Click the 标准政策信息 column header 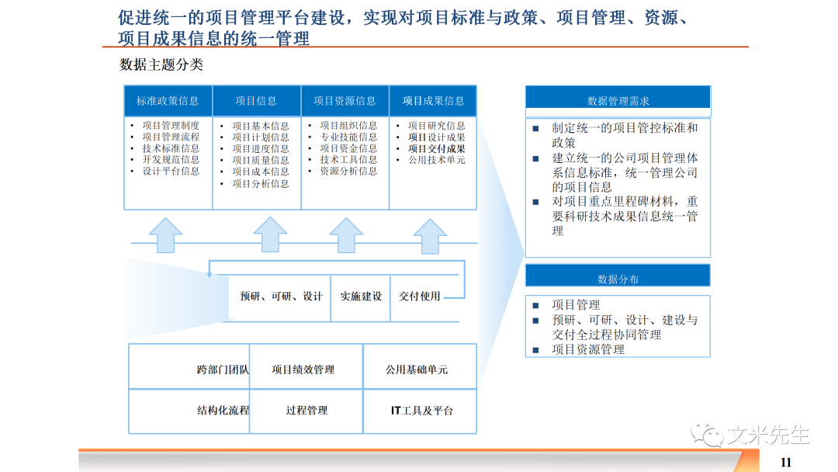pyautogui.click(x=168, y=101)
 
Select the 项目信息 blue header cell pyautogui.click(x=256, y=101)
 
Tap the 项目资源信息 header pyautogui.click(x=345, y=101)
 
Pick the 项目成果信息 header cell pyautogui.click(x=433, y=101)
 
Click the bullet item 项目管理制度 pyautogui.click(x=171, y=126)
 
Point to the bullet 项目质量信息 pyautogui.click(x=260, y=161)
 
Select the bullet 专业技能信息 pyautogui.click(x=348, y=137)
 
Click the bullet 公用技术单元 pyautogui.click(x=436, y=160)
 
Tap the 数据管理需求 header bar pyautogui.click(x=618, y=101)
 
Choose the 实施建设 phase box pyautogui.click(x=361, y=297)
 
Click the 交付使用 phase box pyautogui.click(x=420, y=297)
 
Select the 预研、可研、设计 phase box pyautogui.click(x=281, y=297)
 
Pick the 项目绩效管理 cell pyautogui.click(x=303, y=370)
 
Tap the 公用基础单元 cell pyautogui.click(x=417, y=370)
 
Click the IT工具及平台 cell pyautogui.click(x=421, y=411)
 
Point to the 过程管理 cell pyautogui.click(x=306, y=411)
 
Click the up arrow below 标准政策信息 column pyautogui.click(x=164, y=234)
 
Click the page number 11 pyautogui.click(x=785, y=462)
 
